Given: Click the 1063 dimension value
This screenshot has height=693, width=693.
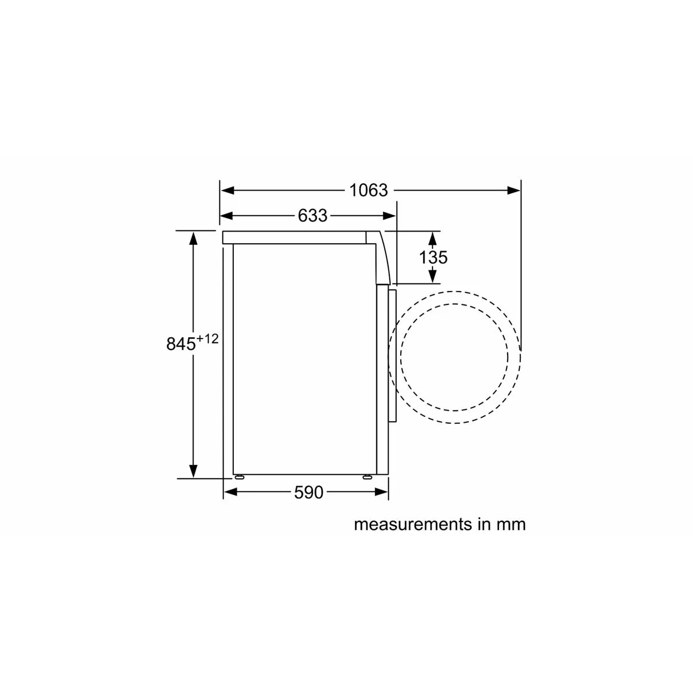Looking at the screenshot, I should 369,190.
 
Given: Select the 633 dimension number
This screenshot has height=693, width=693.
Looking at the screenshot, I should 312,216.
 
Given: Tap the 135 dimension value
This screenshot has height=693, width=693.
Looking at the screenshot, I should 433,257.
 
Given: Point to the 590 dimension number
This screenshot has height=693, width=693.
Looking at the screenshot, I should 309,493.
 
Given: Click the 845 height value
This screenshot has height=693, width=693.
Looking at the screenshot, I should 181,344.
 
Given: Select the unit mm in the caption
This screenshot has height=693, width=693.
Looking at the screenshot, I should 511,524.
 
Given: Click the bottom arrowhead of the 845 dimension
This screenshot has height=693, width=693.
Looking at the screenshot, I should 193,471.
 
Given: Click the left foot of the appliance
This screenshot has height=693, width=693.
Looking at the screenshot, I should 238,477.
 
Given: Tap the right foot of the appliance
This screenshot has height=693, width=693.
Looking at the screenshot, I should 367,477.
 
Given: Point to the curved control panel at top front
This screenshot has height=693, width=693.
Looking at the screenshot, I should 381,254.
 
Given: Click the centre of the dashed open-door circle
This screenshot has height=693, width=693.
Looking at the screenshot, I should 455,356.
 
